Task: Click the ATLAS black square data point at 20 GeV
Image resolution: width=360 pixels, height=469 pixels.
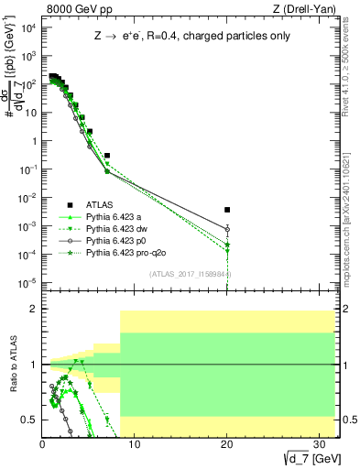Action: pos(227,210)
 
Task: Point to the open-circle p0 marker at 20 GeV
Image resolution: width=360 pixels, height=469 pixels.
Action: pos(227,229)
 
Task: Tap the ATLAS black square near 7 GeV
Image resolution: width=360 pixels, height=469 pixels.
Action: pos(107,156)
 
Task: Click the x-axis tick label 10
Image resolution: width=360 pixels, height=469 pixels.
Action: pos(134,444)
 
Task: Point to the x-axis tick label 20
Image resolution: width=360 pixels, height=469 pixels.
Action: pos(225,444)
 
